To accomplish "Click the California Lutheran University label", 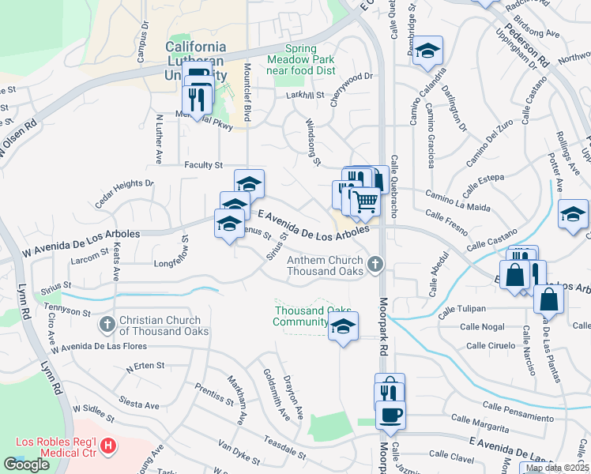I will click(x=195, y=61).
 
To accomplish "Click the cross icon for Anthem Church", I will click(x=375, y=263).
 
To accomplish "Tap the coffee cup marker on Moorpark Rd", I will click(x=389, y=413).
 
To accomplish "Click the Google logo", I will click(x=26, y=465).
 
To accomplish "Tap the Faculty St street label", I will click(x=204, y=165).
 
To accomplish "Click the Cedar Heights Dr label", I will click(x=123, y=194).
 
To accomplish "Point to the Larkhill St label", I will click(x=306, y=96).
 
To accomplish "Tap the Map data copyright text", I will click(x=556, y=468).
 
